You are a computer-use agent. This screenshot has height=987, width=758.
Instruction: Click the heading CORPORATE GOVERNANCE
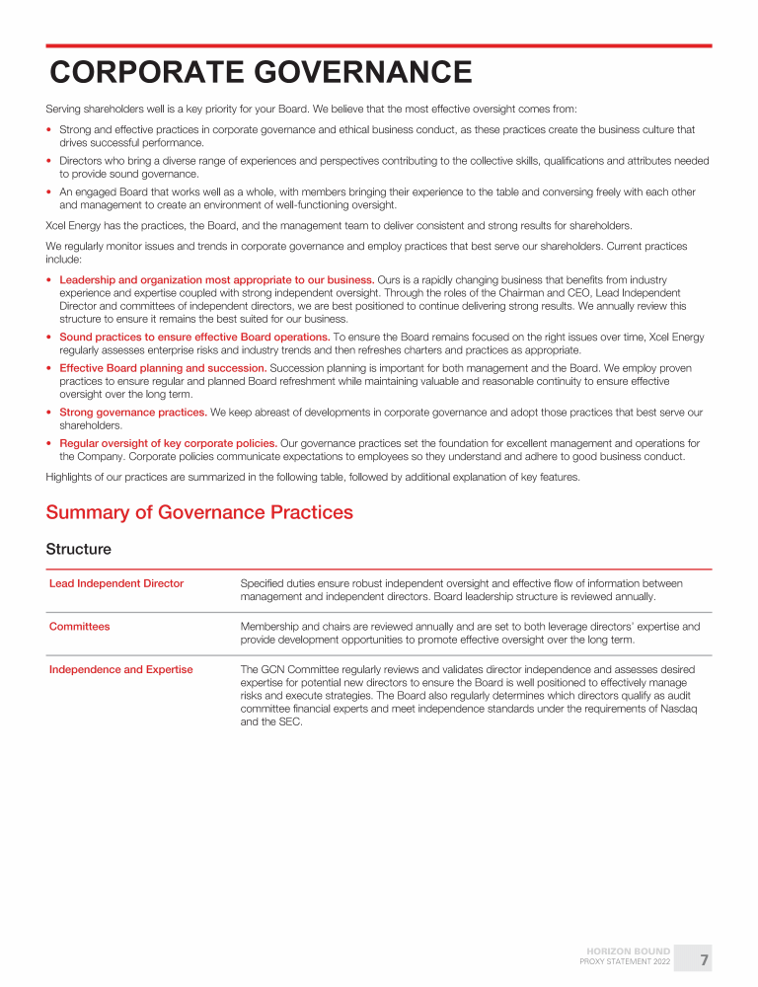pyautogui.click(x=261, y=72)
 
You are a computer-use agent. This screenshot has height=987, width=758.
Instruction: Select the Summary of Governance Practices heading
pyautogui.click(x=199, y=512)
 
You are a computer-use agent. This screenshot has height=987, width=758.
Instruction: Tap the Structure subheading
pyautogui.click(x=79, y=549)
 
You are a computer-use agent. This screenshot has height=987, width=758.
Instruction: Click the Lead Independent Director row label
pyautogui.click(x=116, y=583)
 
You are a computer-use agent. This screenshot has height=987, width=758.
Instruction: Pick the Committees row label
pyautogui.click(x=80, y=626)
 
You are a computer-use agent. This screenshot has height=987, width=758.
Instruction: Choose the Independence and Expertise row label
pyautogui.click(x=121, y=669)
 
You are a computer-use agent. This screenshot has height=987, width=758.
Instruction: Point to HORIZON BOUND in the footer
pyautogui.click(x=629, y=951)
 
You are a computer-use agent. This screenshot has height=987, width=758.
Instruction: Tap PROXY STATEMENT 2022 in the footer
pyautogui.click(x=625, y=961)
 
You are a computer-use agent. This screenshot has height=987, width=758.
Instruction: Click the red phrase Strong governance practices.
pyautogui.click(x=133, y=412)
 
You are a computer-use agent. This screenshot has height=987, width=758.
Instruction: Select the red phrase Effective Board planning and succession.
pyautogui.click(x=163, y=368)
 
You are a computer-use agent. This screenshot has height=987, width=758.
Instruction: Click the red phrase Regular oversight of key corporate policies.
pyautogui.click(x=168, y=442)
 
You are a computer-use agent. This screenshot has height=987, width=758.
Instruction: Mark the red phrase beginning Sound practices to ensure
pyautogui.click(x=194, y=337)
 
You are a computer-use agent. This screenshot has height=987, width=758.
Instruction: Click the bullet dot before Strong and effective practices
pyautogui.click(x=49, y=129)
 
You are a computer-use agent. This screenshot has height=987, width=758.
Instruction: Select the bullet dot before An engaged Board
pyautogui.click(x=49, y=192)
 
